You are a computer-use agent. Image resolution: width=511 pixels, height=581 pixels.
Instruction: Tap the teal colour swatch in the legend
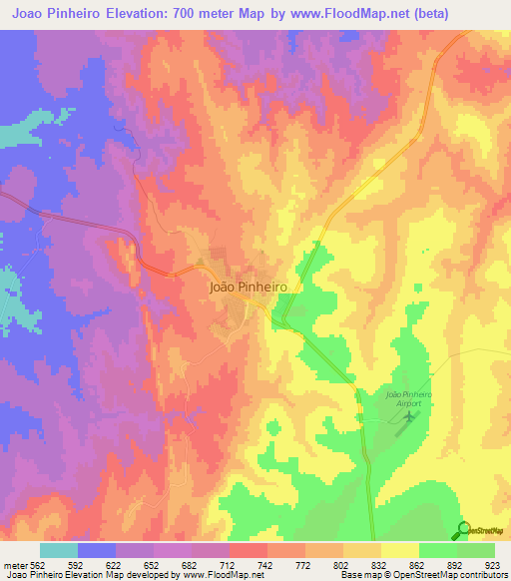pyautogui.click(x=59, y=550)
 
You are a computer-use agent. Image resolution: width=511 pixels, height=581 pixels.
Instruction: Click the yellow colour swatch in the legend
pyautogui.click(x=400, y=550)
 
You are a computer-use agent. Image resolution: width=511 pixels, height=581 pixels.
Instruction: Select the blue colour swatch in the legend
pyautogui.click(x=97, y=550)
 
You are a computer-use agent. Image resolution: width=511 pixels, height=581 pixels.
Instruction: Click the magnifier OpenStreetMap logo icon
pyautogui.click(x=464, y=530)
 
